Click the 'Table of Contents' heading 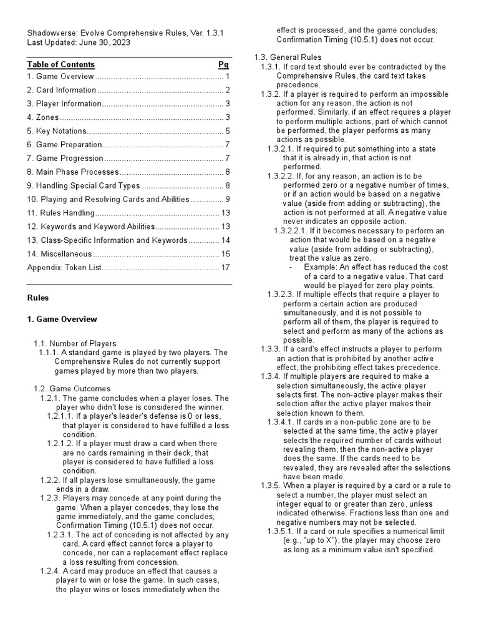(60, 64)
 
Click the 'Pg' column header (223, 64)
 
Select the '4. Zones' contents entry (43, 117)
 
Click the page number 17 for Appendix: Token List (226, 268)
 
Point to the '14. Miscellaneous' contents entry (59, 254)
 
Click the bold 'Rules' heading (38, 298)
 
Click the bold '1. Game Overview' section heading (62, 319)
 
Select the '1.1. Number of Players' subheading (75, 343)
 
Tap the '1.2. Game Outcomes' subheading (70, 389)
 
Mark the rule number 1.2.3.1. (62, 535)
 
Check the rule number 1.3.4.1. (284, 422)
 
